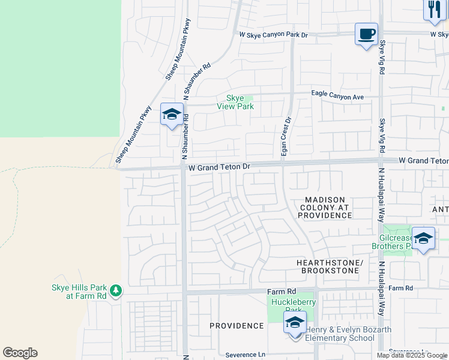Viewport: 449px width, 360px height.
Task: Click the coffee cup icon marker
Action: pyautogui.click(x=366, y=34)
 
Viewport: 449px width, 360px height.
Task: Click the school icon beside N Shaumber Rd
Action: pyautogui.click(x=172, y=115)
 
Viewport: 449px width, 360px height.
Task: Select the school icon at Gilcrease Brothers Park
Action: pyautogui.click(x=423, y=238)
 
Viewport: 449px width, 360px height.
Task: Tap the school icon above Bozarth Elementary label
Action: pyautogui.click(x=295, y=322)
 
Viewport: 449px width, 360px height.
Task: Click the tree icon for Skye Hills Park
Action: pyautogui.click(x=115, y=292)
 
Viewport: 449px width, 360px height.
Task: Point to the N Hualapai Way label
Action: pyautogui.click(x=381, y=195)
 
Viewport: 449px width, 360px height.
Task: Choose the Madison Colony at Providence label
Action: pyautogui.click(x=325, y=208)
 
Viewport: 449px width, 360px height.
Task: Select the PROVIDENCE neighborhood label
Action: pyautogui.click(x=237, y=326)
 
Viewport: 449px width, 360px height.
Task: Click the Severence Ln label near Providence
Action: pyautogui.click(x=245, y=355)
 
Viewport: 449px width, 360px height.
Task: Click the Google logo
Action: pyautogui.click(x=20, y=353)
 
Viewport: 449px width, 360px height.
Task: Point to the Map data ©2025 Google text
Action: pyautogui.click(x=412, y=355)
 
